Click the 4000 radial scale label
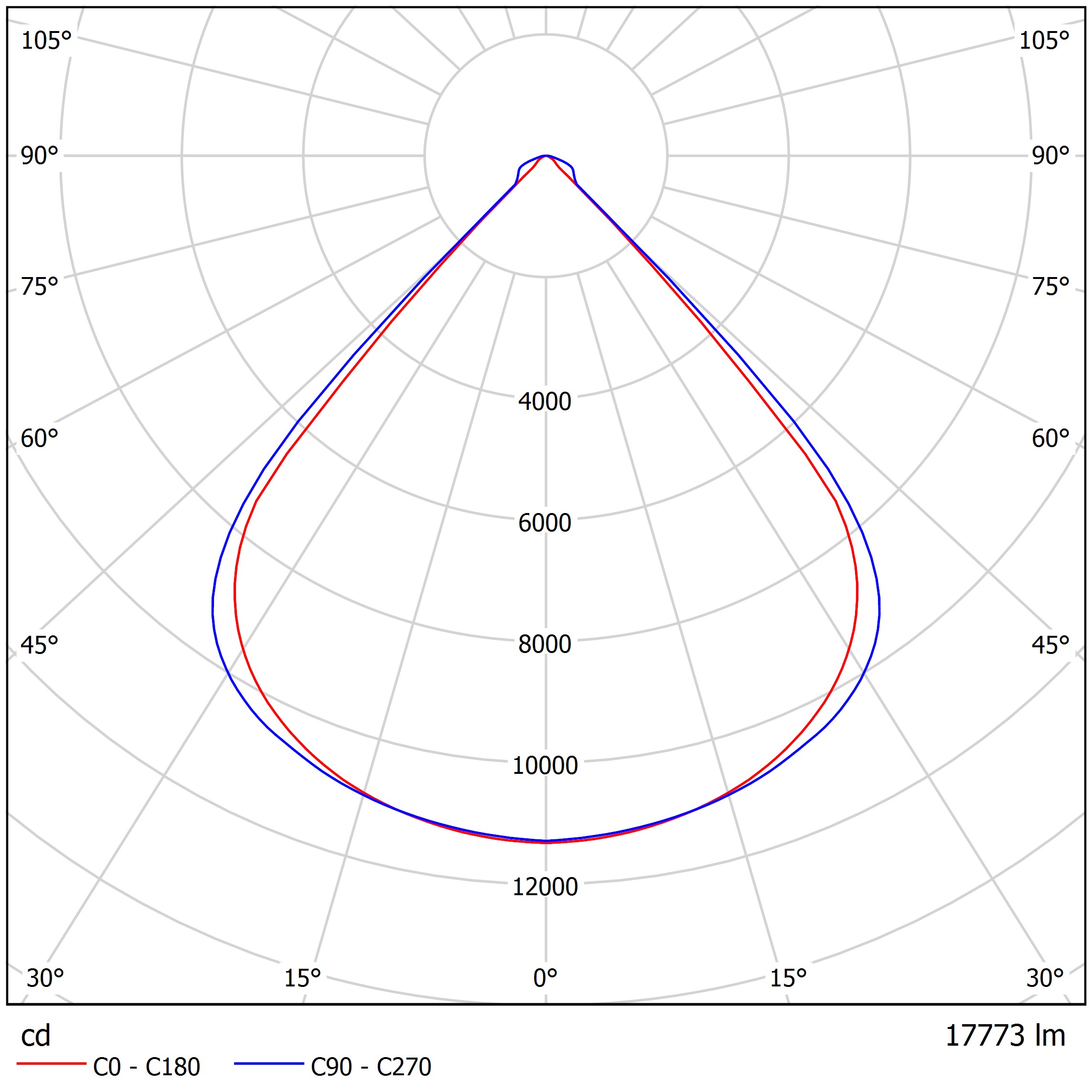pos(545,402)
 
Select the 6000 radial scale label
pos(545,523)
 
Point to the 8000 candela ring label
pos(545,644)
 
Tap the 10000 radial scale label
pos(545,765)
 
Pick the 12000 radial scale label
pos(545,887)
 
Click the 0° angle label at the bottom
pos(546,978)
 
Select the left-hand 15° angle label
pos(302,978)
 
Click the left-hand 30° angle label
pos(45,978)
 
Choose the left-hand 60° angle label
pos(40,439)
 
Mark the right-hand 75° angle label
pos(1050,287)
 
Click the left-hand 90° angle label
pos(40,156)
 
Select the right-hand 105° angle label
pos(1044,41)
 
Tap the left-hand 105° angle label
pos(46,41)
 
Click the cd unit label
pos(36,1036)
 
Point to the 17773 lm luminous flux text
pos(1005,1036)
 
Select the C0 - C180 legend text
pos(146,1067)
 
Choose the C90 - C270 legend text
pos(371,1067)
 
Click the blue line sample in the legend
pos(269,1064)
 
